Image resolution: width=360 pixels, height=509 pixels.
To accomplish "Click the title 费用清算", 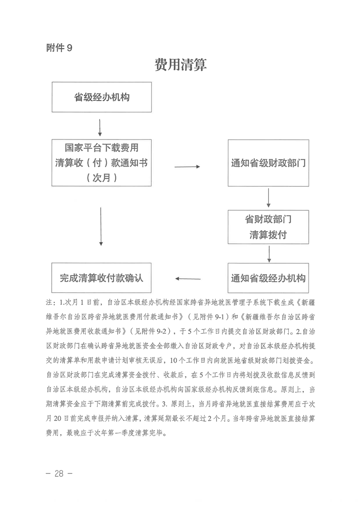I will coord(180,65).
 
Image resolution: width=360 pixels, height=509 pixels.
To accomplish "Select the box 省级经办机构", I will coord(102,97).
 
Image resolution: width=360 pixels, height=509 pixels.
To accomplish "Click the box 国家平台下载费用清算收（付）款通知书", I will coord(101,163).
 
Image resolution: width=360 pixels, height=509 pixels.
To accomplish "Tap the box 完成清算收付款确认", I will coord(101,277).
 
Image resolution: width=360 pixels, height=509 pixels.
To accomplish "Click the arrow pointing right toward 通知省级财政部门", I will coord(187,167).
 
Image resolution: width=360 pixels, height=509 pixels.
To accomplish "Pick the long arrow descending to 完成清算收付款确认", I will coord(100,227).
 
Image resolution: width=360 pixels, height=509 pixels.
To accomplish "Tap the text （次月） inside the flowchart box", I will coord(101,178).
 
